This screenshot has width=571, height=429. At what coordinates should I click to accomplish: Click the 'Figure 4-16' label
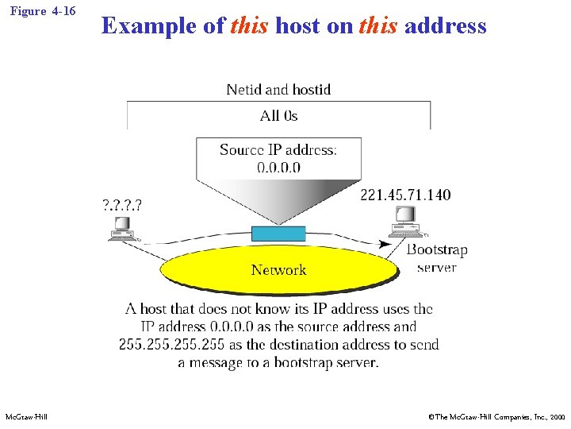[x=44, y=11]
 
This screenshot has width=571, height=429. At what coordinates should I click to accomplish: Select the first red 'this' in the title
[x=250, y=25]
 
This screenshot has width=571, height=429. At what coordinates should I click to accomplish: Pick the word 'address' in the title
[x=445, y=25]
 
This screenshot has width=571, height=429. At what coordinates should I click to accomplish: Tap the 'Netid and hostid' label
[x=278, y=90]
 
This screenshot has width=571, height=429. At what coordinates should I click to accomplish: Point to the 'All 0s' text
[x=278, y=116]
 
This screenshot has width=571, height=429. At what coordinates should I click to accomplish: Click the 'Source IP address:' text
[x=278, y=150]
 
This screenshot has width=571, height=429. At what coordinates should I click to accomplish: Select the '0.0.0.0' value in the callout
[x=278, y=167]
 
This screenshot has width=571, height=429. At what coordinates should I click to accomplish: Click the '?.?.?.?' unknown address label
[x=125, y=204]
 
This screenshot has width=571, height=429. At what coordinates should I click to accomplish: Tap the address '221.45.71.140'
[x=405, y=195]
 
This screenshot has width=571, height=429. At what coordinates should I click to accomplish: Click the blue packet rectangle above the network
[x=278, y=234]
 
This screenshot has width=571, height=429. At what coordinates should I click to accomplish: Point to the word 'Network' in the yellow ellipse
[x=278, y=270]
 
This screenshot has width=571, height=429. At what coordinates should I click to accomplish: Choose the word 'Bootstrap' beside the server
[x=437, y=249]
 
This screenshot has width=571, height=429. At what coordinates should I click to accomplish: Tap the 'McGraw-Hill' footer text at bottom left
[x=26, y=417]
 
